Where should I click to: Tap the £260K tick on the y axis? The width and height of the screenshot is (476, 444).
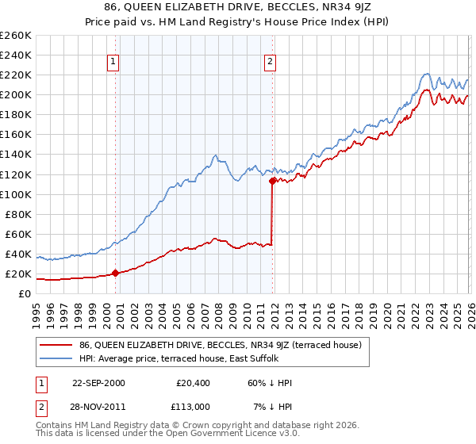point(16,36)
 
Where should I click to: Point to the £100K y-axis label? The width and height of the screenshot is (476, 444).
point(16,194)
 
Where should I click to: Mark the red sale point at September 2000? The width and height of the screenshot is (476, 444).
point(115,273)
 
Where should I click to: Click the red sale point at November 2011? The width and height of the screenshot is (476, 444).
point(272,181)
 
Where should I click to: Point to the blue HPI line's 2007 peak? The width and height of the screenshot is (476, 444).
point(215,155)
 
